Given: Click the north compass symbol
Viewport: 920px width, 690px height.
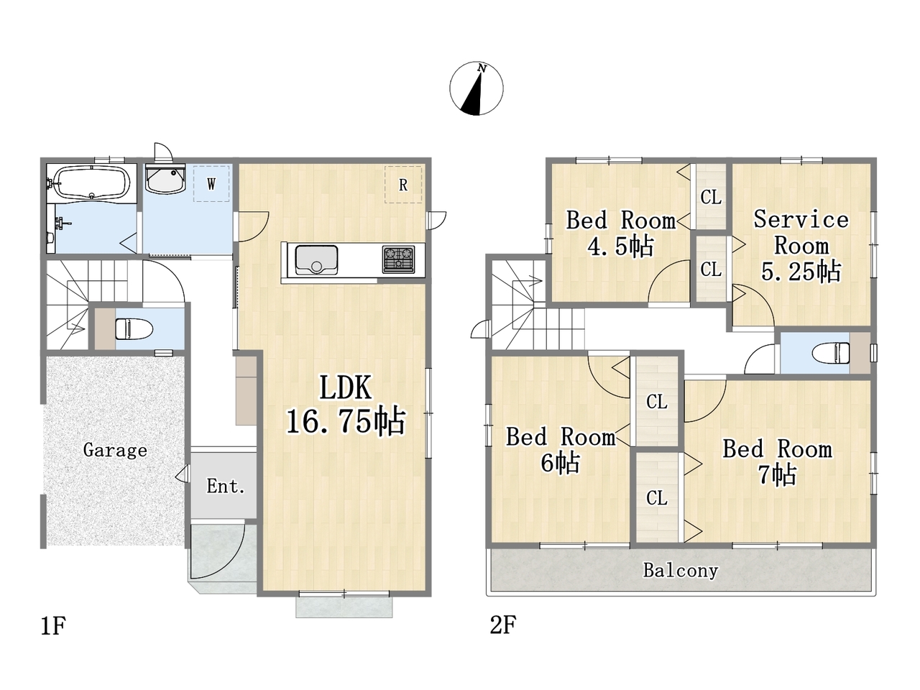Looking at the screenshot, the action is [476, 88].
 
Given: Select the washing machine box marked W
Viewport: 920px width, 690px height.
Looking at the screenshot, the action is [211, 183].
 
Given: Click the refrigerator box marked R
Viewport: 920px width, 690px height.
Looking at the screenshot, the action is [403, 185].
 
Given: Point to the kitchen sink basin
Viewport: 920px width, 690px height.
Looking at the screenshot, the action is [316, 259].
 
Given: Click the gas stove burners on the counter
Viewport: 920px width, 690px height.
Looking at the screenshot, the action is [398, 259].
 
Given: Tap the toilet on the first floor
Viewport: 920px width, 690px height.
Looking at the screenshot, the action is [134, 329].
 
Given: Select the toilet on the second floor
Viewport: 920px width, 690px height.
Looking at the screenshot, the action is [831, 353].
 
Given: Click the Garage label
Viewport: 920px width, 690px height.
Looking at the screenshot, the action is [115, 451].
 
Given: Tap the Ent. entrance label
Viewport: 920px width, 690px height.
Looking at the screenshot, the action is [226, 486].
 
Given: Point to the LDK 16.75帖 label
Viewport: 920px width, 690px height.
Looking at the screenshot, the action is [346, 405].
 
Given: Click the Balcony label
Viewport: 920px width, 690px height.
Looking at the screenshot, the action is [681, 571].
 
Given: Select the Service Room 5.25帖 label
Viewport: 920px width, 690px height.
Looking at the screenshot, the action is [801, 246].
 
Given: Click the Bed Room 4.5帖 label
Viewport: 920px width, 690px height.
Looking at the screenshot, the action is [621, 233].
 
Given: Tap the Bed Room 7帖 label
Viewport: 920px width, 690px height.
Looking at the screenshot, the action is [778, 462].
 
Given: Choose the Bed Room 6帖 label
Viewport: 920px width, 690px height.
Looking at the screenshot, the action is [561, 450].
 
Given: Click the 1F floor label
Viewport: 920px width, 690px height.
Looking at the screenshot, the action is [53, 626].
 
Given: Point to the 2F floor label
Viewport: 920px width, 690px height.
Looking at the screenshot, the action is [503, 625].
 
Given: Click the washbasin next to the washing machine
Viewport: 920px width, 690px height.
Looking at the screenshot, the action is [165, 179].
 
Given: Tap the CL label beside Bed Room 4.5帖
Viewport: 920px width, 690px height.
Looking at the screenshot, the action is [712, 197].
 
